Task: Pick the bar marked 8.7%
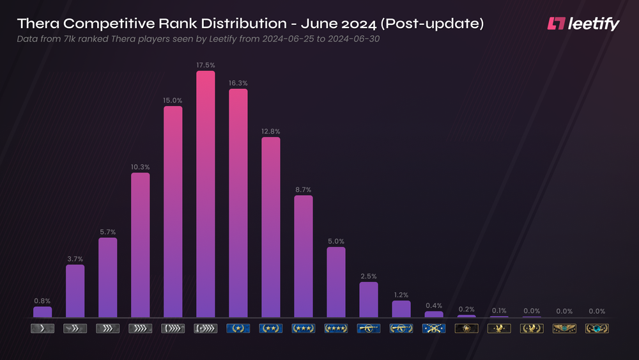303,256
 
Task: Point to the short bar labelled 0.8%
43,311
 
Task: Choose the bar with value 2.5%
369,299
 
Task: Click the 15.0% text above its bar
173,100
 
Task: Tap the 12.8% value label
270,131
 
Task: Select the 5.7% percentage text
107,232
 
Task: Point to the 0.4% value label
434,305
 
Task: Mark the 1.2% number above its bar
401,295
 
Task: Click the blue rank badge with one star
238,329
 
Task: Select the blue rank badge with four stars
336,329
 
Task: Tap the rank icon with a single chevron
42,329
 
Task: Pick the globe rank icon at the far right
597,329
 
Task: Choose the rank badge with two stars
270,329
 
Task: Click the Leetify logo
583,24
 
